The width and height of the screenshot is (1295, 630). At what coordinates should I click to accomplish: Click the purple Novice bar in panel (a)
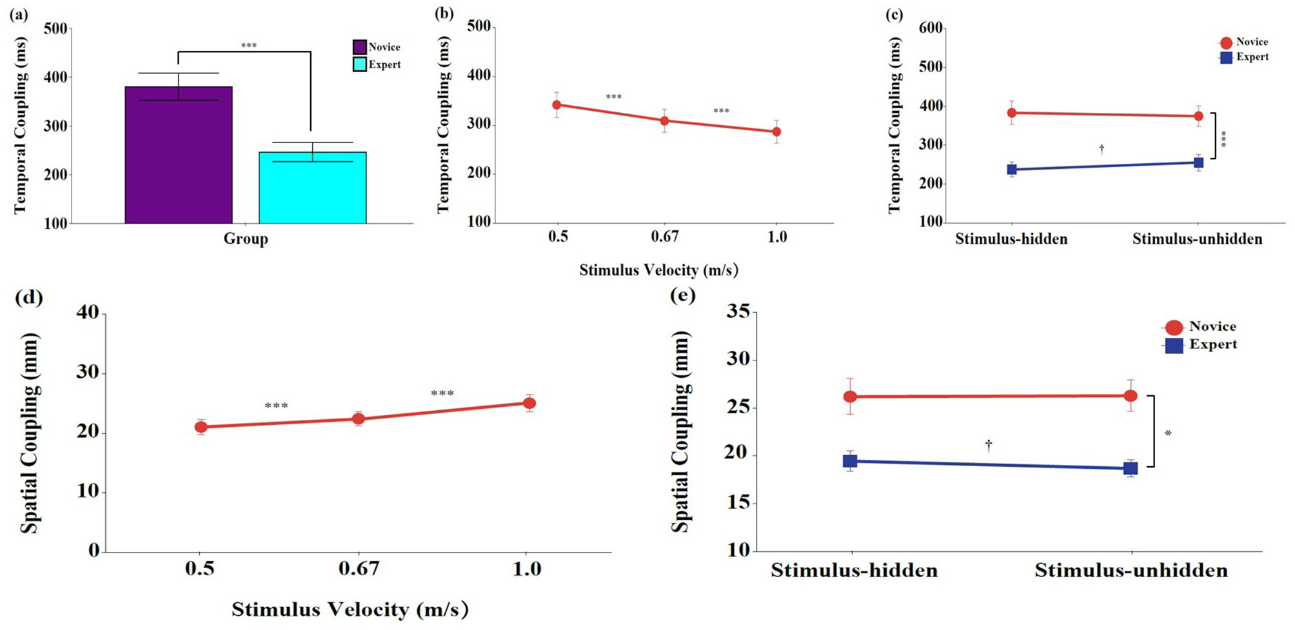point(179,155)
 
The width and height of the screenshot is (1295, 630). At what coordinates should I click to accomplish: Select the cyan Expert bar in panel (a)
point(313,188)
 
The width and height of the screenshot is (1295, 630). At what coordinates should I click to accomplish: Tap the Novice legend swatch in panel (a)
point(360,47)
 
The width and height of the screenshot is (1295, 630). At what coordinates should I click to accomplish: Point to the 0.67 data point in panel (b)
point(664,121)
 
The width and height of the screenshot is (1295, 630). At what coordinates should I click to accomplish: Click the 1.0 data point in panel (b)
point(776,132)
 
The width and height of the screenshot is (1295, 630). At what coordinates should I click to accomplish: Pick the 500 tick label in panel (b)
point(479,26)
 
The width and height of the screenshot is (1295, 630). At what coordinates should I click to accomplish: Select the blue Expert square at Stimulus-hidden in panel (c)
point(1012,170)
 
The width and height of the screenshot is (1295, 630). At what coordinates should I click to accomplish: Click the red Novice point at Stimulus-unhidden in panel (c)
point(1198,116)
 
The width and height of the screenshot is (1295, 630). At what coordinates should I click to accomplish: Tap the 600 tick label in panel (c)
point(931,28)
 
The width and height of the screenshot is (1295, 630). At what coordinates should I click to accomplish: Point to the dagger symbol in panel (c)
point(1102,149)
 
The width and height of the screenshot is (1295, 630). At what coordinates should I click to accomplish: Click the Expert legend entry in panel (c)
point(1245,57)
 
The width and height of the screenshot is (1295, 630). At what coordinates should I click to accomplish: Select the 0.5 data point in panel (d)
point(201,427)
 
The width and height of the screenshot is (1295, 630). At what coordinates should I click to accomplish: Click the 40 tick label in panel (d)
point(88,313)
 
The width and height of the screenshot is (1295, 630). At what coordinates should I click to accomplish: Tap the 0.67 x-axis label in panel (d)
point(359,569)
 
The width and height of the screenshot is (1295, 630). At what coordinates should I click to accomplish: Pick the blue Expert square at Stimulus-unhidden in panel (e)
point(1131,469)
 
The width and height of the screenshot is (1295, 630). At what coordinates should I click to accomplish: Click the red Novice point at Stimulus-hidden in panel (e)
point(850,397)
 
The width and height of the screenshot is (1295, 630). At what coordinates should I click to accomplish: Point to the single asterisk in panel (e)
point(1168,434)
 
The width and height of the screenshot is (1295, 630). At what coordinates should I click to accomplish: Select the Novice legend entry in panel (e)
point(1201,326)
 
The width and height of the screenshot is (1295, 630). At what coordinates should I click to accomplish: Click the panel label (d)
point(28,297)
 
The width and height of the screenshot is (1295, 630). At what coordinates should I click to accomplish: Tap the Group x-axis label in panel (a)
point(246,239)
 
